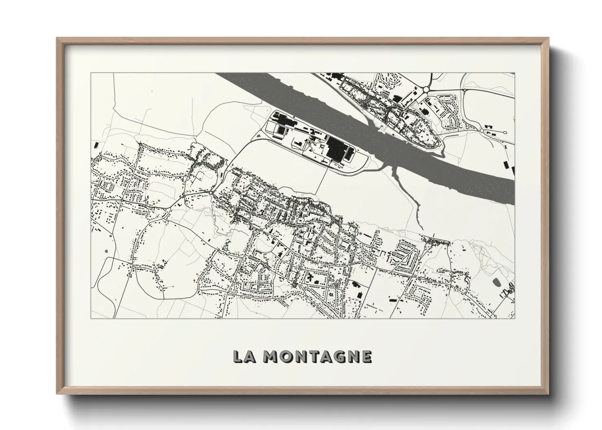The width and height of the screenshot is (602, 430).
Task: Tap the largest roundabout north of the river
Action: coord(426,88)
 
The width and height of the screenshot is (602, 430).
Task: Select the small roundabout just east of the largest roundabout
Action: coord(464,89)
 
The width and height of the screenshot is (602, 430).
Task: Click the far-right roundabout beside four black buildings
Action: coord(483,131)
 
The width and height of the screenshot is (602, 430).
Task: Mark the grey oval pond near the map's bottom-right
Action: coord(496,282)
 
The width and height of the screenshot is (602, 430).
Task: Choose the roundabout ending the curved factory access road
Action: coord(213,192)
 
